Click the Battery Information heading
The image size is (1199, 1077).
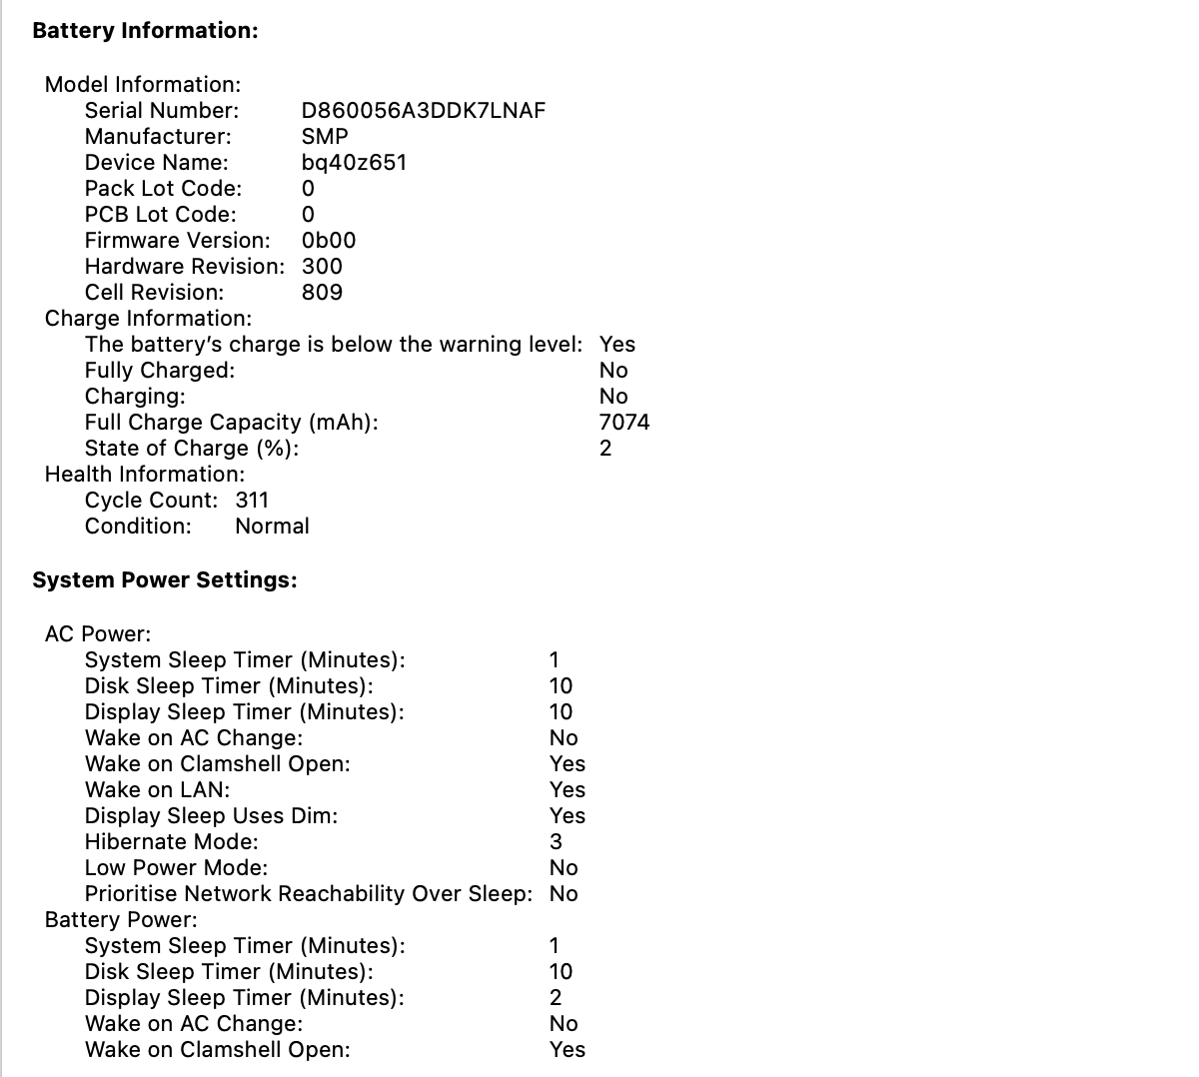(145, 31)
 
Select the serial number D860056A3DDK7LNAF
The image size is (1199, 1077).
(423, 111)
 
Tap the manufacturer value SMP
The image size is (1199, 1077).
(325, 137)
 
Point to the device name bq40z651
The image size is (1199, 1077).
(354, 163)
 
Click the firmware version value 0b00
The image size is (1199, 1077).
(328, 241)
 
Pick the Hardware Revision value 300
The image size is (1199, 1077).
(322, 267)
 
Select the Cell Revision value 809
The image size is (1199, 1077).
(322, 293)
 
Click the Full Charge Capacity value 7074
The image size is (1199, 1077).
(624, 423)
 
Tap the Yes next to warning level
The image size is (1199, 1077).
(617, 345)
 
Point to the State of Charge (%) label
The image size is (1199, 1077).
(191, 449)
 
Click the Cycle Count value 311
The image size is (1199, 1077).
(252, 501)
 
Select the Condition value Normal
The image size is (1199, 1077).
(272, 527)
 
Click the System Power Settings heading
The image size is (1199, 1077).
(165, 580)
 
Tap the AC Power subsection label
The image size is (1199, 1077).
(98, 634)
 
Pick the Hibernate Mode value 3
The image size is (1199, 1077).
(556, 842)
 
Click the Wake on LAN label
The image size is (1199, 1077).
(157, 790)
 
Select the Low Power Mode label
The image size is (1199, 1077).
(176, 868)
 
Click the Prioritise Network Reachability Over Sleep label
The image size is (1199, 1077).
(308, 894)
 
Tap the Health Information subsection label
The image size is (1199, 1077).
(145, 475)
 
